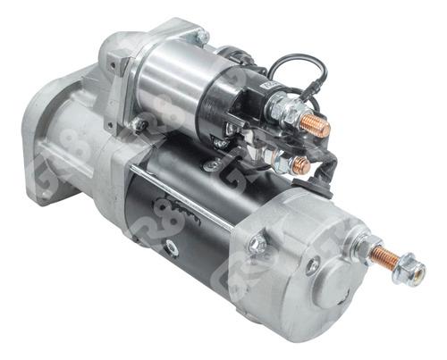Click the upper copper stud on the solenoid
coord(314,126)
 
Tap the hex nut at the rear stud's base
coord(360,244)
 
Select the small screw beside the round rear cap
coord(312,265)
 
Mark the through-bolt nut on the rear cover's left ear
coord(258,244)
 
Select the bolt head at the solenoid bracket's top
coord(201,37)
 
